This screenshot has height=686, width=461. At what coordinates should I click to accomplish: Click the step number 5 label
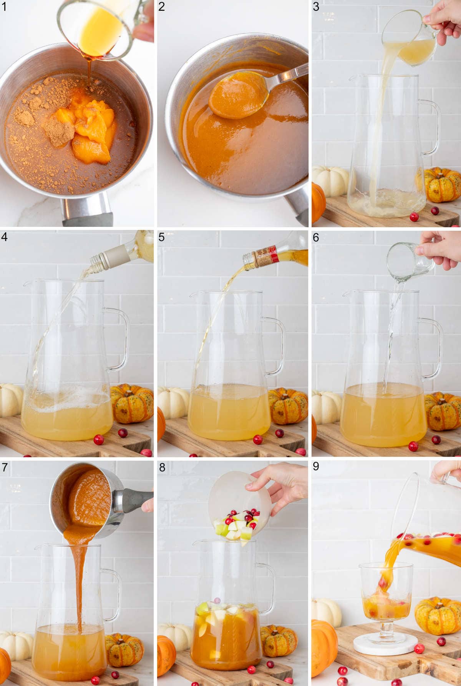(162, 237)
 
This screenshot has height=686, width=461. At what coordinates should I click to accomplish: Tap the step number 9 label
(316, 466)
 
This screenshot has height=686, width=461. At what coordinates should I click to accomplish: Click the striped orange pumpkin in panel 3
(442, 185)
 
